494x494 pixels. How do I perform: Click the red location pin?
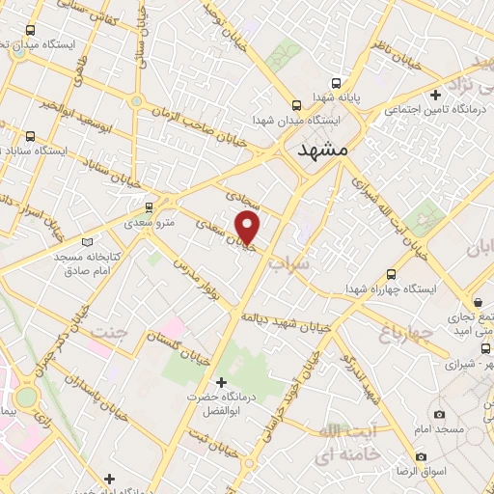coord(249,228)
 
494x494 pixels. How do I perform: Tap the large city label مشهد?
coord(321,150)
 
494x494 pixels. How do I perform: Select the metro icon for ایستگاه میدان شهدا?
coord(297,105)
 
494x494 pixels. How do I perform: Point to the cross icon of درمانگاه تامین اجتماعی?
coord(436,95)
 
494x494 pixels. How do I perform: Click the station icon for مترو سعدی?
coord(149,206)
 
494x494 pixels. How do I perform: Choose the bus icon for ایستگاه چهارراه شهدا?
coord(391,274)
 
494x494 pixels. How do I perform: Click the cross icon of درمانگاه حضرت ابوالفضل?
coord(221,383)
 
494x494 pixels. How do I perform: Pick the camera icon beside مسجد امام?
coord(440,414)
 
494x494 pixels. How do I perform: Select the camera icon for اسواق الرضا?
coord(421,456)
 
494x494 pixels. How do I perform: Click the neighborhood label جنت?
coord(109,332)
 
